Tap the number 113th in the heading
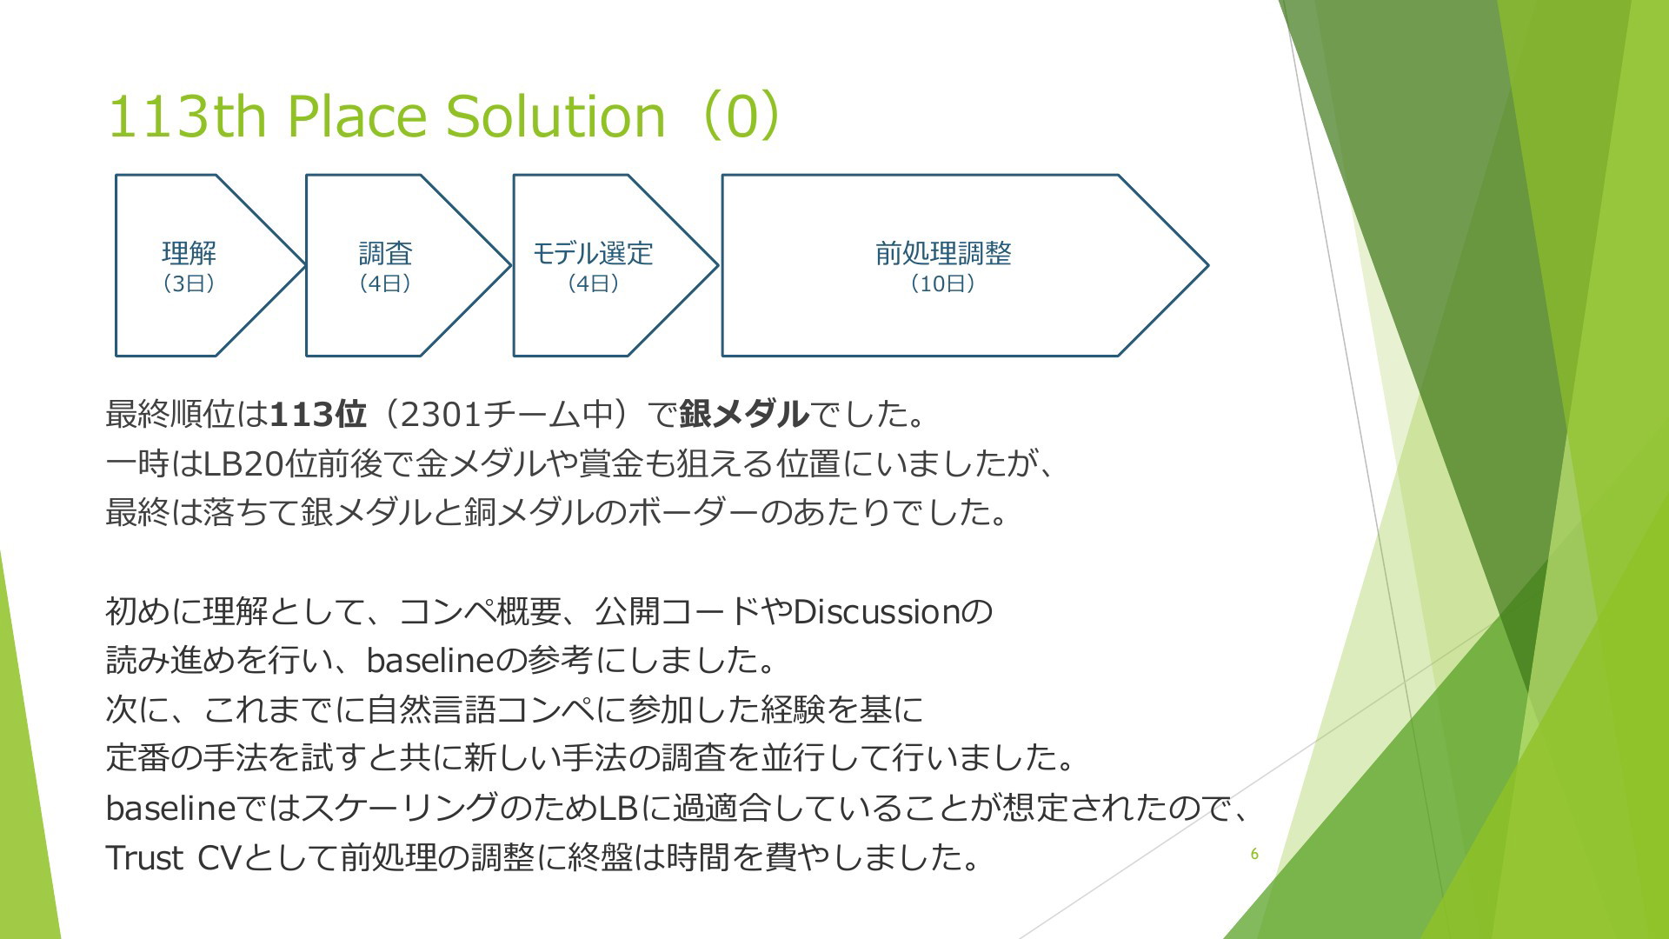tap(187, 117)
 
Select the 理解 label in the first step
tap(190, 253)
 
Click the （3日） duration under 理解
tap(190, 283)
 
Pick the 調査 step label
tap(385, 253)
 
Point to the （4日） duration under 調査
tap(385, 283)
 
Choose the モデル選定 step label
tap(593, 253)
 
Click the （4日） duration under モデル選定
tap(593, 283)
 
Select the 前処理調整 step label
tap(943, 253)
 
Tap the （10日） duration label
tap(943, 283)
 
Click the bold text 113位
tap(318, 415)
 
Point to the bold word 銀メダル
tap(744, 415)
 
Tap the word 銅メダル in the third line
tap(528, 512)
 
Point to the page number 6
tap(1254, 854)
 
